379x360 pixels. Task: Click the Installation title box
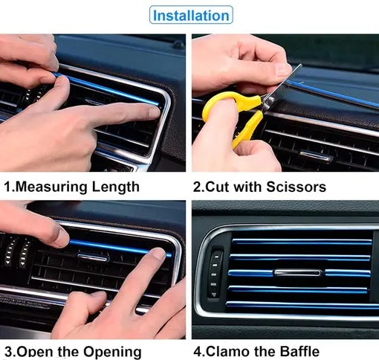(x=189, y=14)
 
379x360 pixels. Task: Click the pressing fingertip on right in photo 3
(x=156, y=254)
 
